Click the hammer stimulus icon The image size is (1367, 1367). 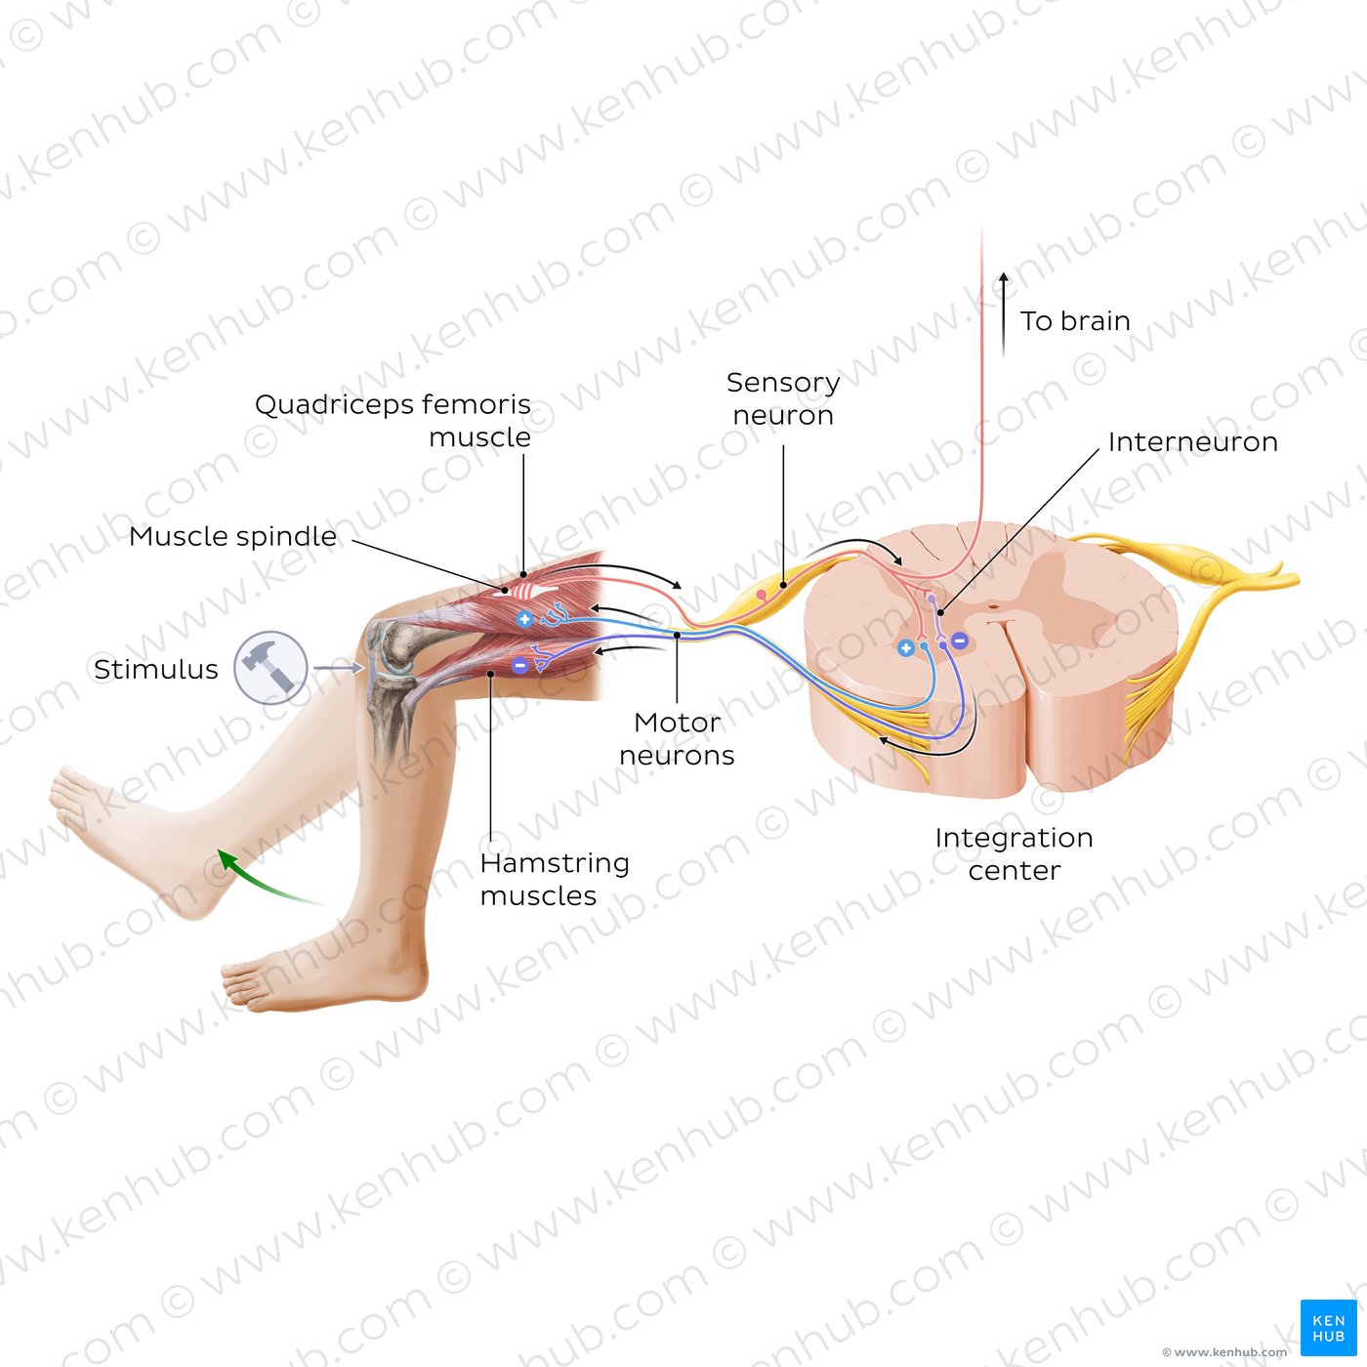click(270, 667)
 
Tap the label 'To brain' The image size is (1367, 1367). click(1075, 321)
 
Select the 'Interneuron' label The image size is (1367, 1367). click(1192, 442)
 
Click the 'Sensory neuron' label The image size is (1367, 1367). click(783, 398)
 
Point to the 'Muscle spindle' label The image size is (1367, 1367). click(232, 536)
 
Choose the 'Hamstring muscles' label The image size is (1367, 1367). click(555, 879)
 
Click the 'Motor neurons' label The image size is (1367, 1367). click(677, 738)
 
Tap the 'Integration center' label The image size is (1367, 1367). click(1014, 853)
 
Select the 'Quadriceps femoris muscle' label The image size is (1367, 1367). click(393, 420)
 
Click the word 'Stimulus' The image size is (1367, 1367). click(156, 669)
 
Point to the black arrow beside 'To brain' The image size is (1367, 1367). click(1003, 313)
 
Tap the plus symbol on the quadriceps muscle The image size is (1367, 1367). click(524, 619)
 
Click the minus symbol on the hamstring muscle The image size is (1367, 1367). click(520, 665)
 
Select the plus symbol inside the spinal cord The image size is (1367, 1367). click(905, 647)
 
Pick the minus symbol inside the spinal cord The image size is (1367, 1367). click(959, 641)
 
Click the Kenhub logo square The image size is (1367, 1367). click(1328, 1327)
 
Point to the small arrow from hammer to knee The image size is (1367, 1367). click(339, 668)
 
